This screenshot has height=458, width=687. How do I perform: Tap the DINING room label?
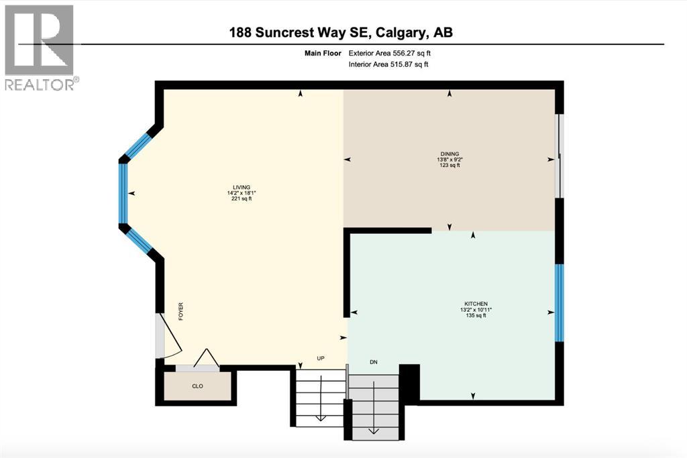tap(450, 154)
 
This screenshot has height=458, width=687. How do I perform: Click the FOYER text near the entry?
tap(180, 312)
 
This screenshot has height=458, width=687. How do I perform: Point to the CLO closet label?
tap(197, 386)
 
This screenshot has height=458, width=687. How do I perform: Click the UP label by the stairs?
tap(321, 358)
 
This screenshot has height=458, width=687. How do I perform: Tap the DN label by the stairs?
tap(374, 362)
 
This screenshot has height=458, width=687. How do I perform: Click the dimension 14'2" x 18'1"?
tap(241, 193)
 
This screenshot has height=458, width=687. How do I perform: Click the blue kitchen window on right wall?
tap(560, 303)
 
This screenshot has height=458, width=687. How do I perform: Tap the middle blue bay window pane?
tap(123, 193)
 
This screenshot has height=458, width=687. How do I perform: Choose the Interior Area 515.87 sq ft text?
tap(388, 64)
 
